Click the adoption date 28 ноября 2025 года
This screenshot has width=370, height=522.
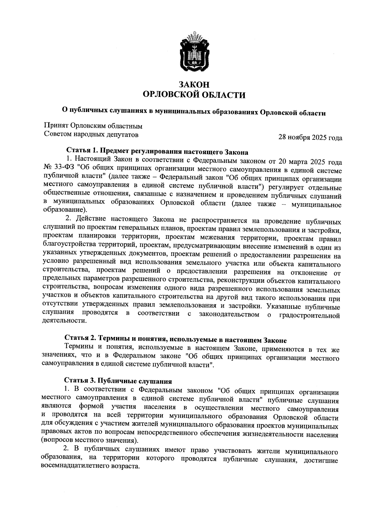click(x=310, y=138)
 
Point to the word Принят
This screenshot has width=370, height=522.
click(x=56, y=126)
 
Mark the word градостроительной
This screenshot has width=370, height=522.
click(x=310, y=316)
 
